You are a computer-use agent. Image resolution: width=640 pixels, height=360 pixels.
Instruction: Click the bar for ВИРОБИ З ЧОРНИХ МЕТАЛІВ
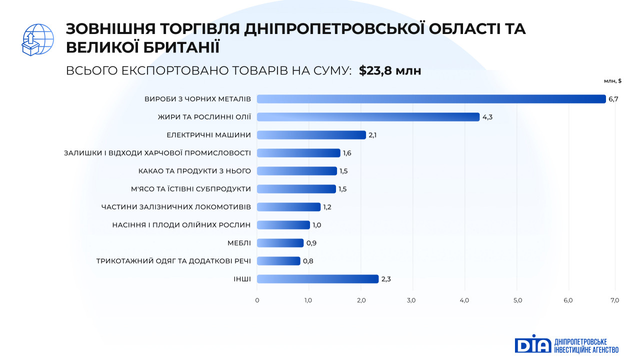pos(431,99)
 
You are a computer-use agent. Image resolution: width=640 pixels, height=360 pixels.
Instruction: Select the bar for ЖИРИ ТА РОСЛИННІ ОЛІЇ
pos(368,117)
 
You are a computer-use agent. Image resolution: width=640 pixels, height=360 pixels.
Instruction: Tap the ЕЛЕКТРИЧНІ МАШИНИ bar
pos(311,135)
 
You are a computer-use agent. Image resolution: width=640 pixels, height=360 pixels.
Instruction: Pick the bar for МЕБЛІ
pos(280,243)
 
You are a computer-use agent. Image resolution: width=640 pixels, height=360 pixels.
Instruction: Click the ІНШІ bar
pos(317,279)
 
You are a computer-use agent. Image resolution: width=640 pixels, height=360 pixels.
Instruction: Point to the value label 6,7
pos(613,99)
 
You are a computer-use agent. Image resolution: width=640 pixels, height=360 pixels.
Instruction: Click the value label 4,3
pos(487,117)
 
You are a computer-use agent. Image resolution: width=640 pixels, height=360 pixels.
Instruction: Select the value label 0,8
pos(308,261)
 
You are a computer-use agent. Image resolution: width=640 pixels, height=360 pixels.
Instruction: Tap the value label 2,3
pos(386,279)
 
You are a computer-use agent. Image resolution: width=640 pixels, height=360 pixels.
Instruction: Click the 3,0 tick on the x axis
pos(411,300)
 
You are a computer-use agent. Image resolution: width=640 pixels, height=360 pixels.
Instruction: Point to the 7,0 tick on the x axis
pos(614,300)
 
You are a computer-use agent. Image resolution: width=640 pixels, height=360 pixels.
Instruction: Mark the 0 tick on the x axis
pos(257,300)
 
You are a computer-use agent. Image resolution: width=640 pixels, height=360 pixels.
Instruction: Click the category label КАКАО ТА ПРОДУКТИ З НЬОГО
pos(194,171)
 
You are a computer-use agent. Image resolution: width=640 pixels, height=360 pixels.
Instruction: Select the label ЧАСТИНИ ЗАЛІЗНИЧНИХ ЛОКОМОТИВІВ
pos(176,207)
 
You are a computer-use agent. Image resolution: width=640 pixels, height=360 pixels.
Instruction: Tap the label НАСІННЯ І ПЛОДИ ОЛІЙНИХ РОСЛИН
pos(181,225)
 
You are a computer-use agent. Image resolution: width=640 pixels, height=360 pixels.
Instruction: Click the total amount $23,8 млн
pos(390,71)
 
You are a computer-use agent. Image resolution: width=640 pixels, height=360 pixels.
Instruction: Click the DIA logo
pos(533,344)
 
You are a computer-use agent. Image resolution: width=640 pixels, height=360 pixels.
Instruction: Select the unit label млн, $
pos(612,80)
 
